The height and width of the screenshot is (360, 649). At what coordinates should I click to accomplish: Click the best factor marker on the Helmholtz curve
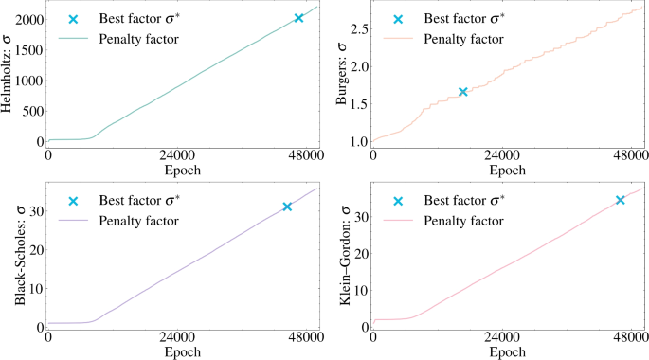coord(298,18)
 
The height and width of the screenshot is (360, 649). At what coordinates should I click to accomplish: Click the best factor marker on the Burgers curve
coord(462,92)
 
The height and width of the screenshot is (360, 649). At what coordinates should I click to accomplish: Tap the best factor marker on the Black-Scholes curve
coord(287,207)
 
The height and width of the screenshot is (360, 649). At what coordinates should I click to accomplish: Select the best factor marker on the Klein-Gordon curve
coord(621,200)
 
